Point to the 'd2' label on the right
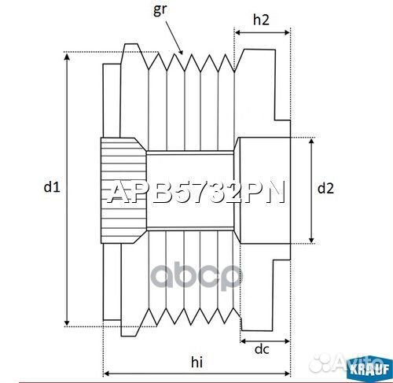click(x=325, y=188)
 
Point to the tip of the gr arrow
click(x=182, y=54)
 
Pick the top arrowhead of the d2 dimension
click(x=313, y=141)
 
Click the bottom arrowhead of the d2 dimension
click(x=313, y=241)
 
